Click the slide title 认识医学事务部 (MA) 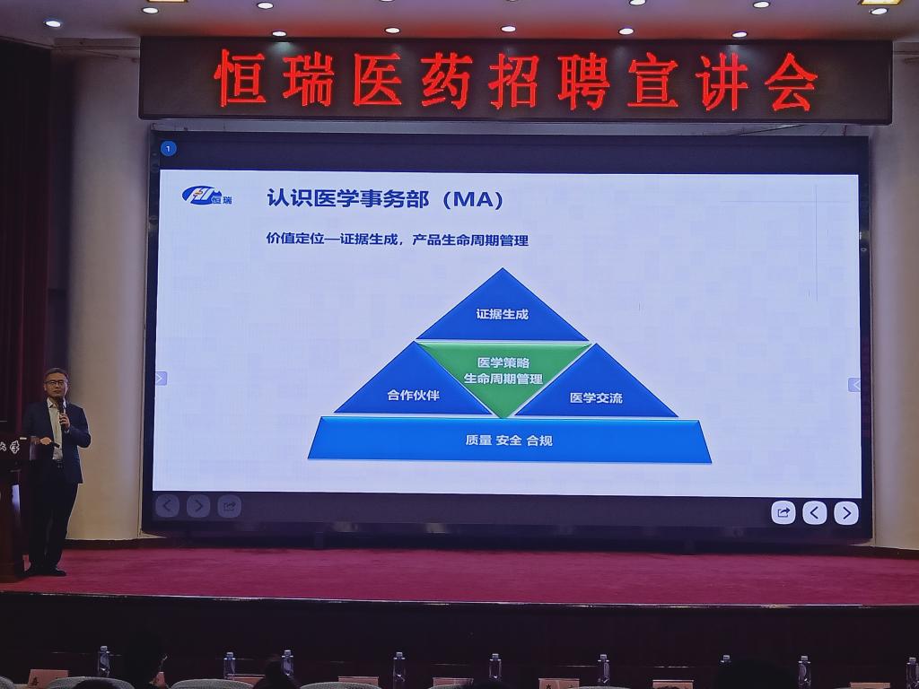[385, 198]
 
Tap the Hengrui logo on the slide [207, 195]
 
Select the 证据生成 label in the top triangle [503, 314]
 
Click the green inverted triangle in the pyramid [503, 376]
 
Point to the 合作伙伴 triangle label [413, 395]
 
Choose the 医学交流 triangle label [596, 397]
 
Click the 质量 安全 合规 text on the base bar [509, 440]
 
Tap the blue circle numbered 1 [168, 149]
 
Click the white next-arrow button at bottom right [845, 513]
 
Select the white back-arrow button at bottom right [815, 513]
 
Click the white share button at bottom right [783, 512]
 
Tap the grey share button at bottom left [229, 506]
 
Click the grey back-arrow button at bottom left [167, 505]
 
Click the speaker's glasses [57, 382]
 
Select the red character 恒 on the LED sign [241, 78]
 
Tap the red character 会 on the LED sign [792, 82]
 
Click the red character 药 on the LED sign [446, 80]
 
